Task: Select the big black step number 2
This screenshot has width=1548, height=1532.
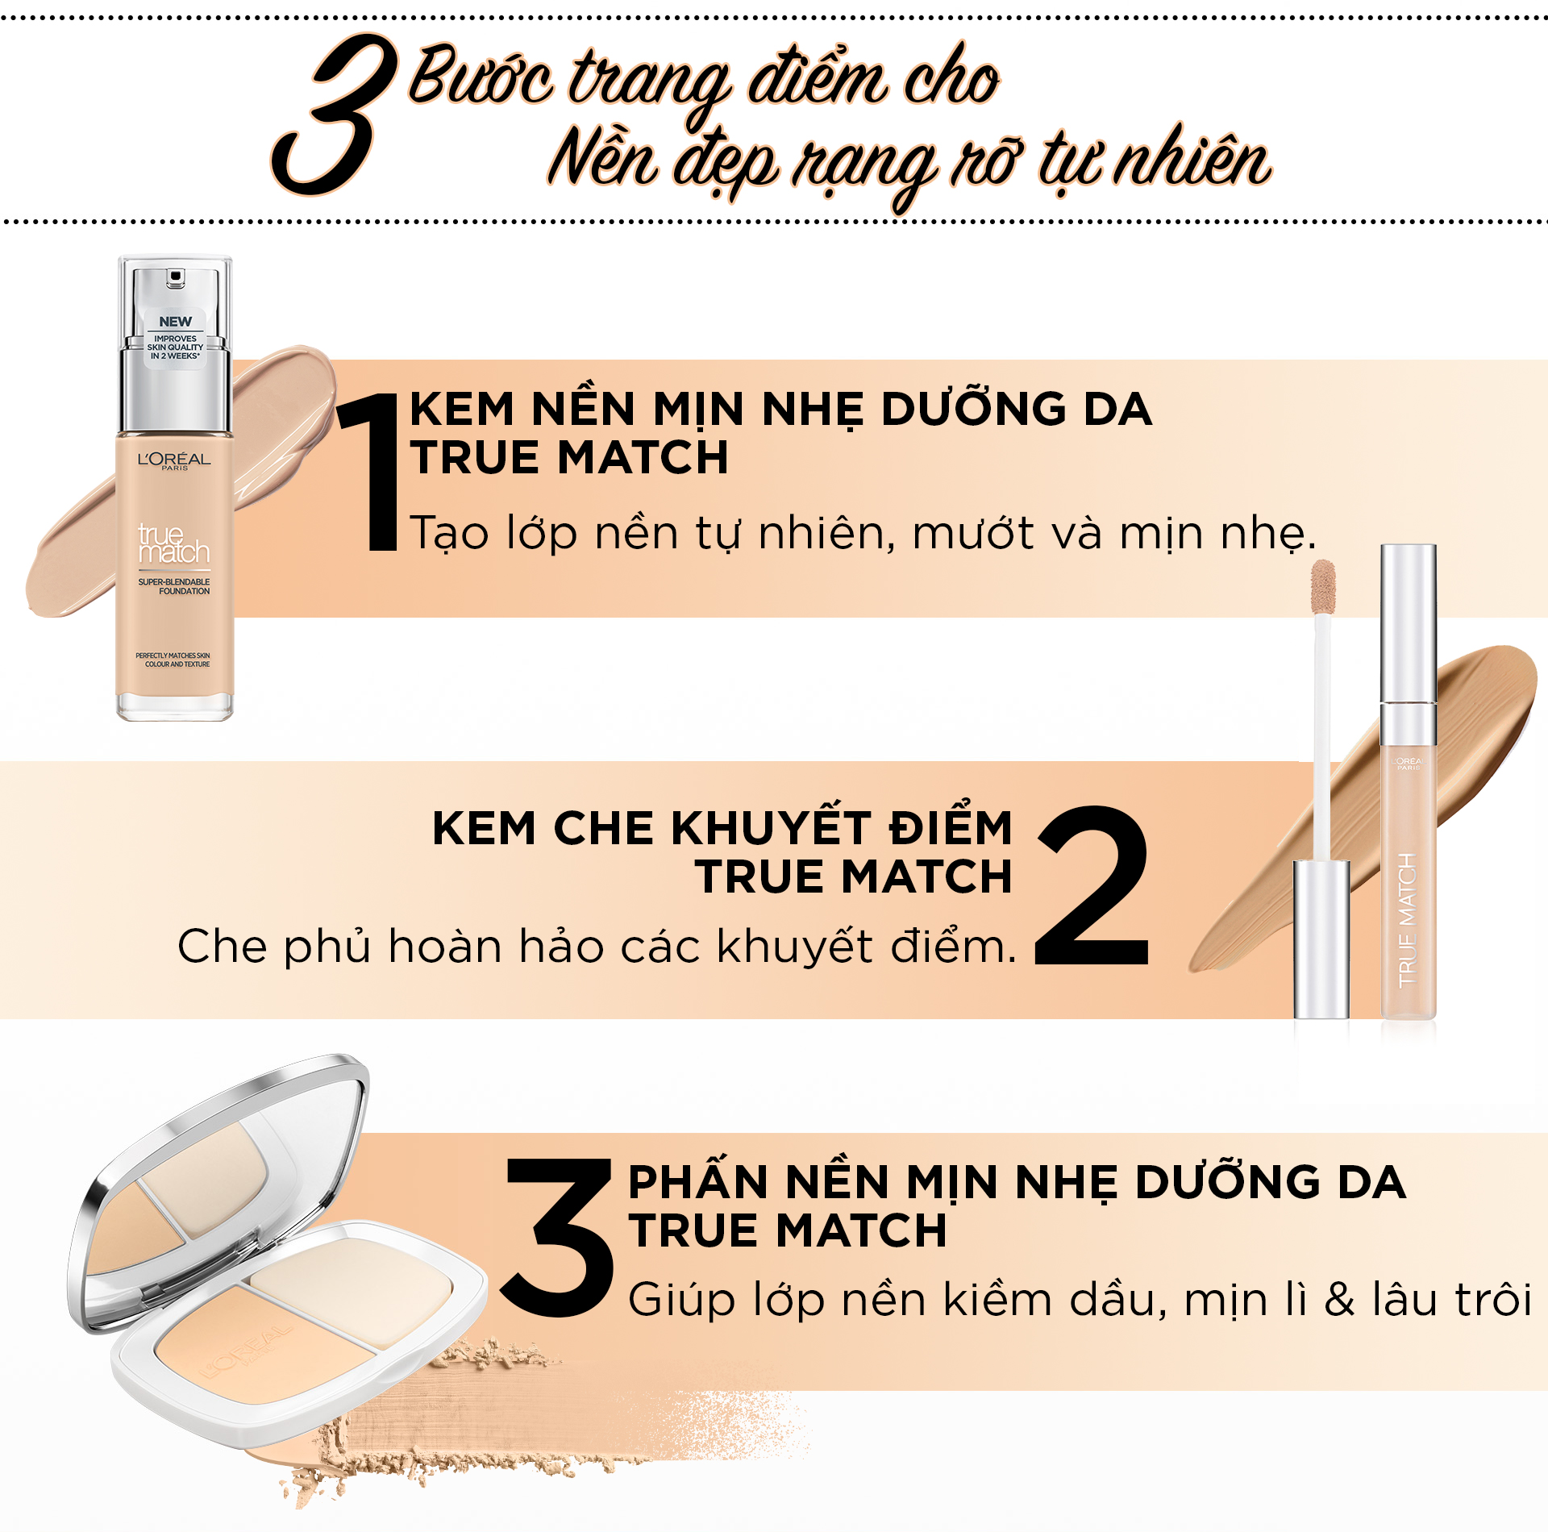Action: coord(1093,885)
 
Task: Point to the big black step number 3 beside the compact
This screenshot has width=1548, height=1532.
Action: coord(556,1238)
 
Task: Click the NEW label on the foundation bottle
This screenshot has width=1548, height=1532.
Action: coord(175,322)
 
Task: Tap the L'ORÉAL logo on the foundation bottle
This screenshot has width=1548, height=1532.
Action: coord(174,460)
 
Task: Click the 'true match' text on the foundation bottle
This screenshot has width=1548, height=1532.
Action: coord(173,543)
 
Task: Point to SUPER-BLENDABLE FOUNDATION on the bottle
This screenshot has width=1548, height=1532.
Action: coord(174,586)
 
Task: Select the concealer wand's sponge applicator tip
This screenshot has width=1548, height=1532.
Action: coord(1323,587)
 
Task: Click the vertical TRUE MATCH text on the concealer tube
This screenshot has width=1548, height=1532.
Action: coord(1408,920)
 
